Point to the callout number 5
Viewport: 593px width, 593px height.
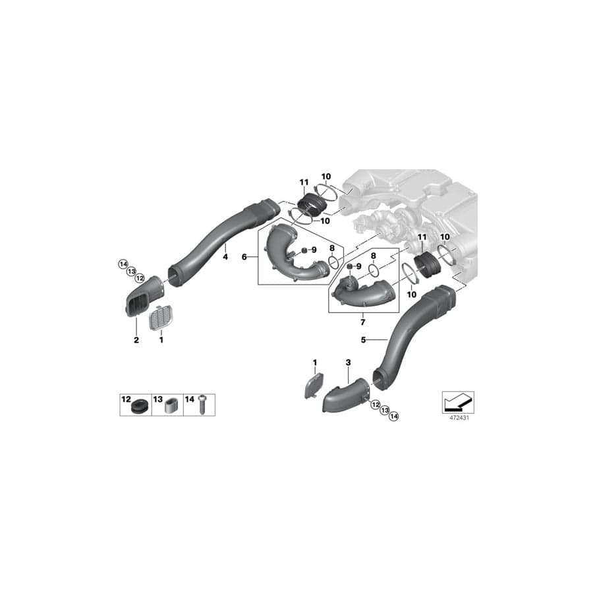363,340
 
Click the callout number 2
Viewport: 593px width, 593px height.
136,340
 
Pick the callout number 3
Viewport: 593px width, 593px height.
349,362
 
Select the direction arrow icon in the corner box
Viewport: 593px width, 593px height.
457,400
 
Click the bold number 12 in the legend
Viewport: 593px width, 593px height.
126,399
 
